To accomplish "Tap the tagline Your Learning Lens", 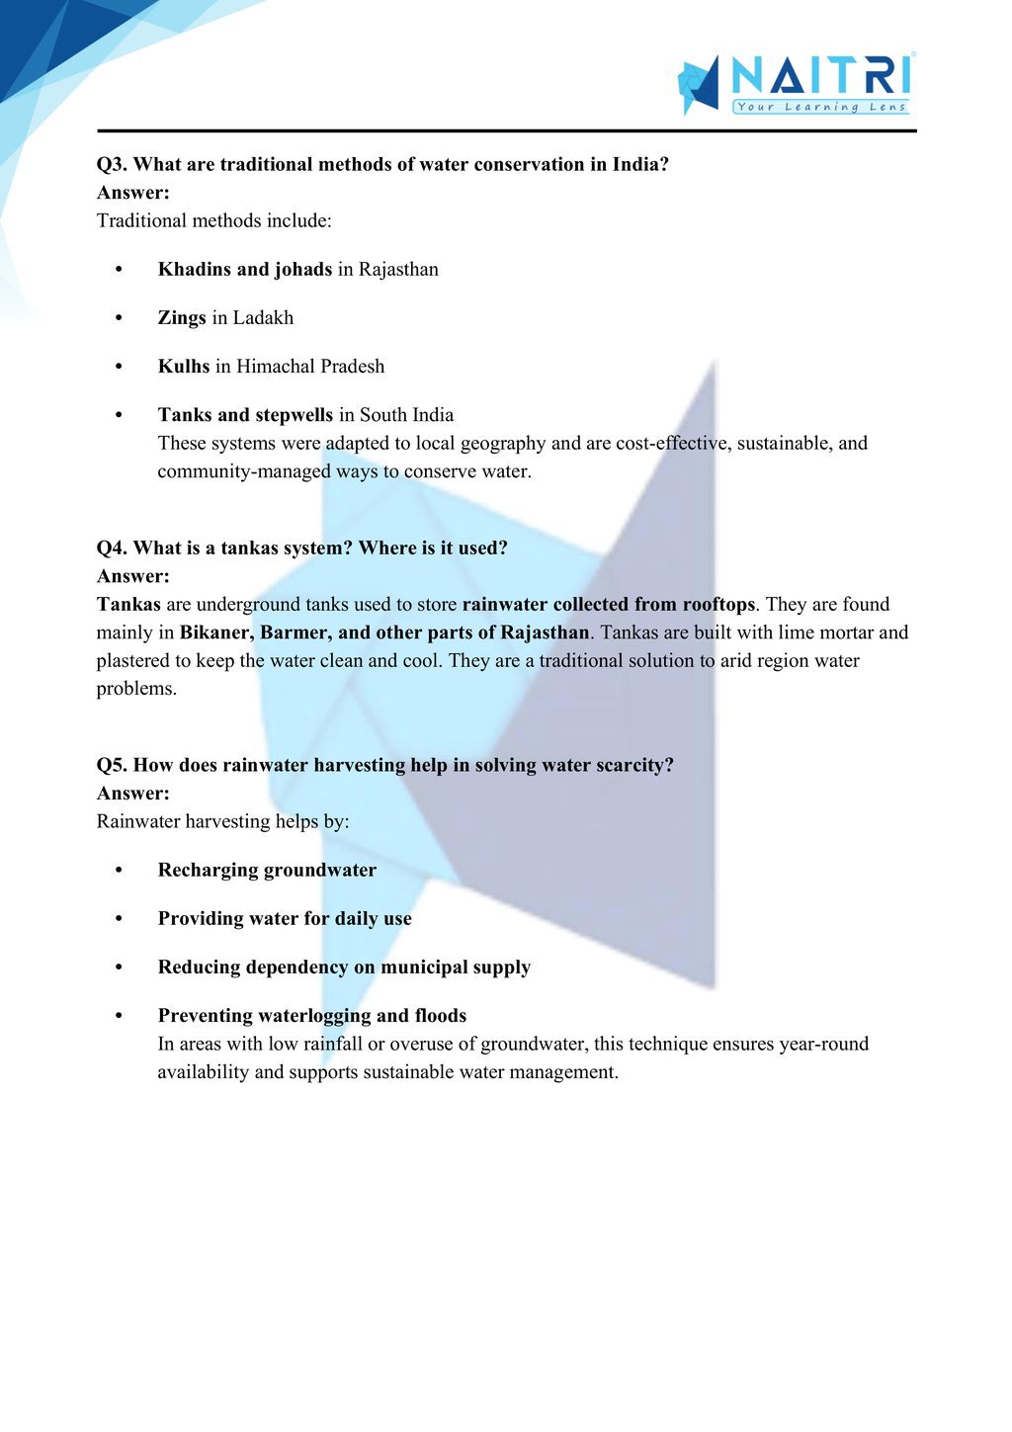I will tap(820, 107).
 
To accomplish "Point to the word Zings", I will tap(182, 318).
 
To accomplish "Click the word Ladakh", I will tap(263, 318).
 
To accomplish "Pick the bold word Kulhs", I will tap(184, 367).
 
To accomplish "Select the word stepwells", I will tap(294, 415).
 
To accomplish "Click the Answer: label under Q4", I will tap(133, 576).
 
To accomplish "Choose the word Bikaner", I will tap(214, 632).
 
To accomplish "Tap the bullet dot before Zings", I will tap(119, 318).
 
